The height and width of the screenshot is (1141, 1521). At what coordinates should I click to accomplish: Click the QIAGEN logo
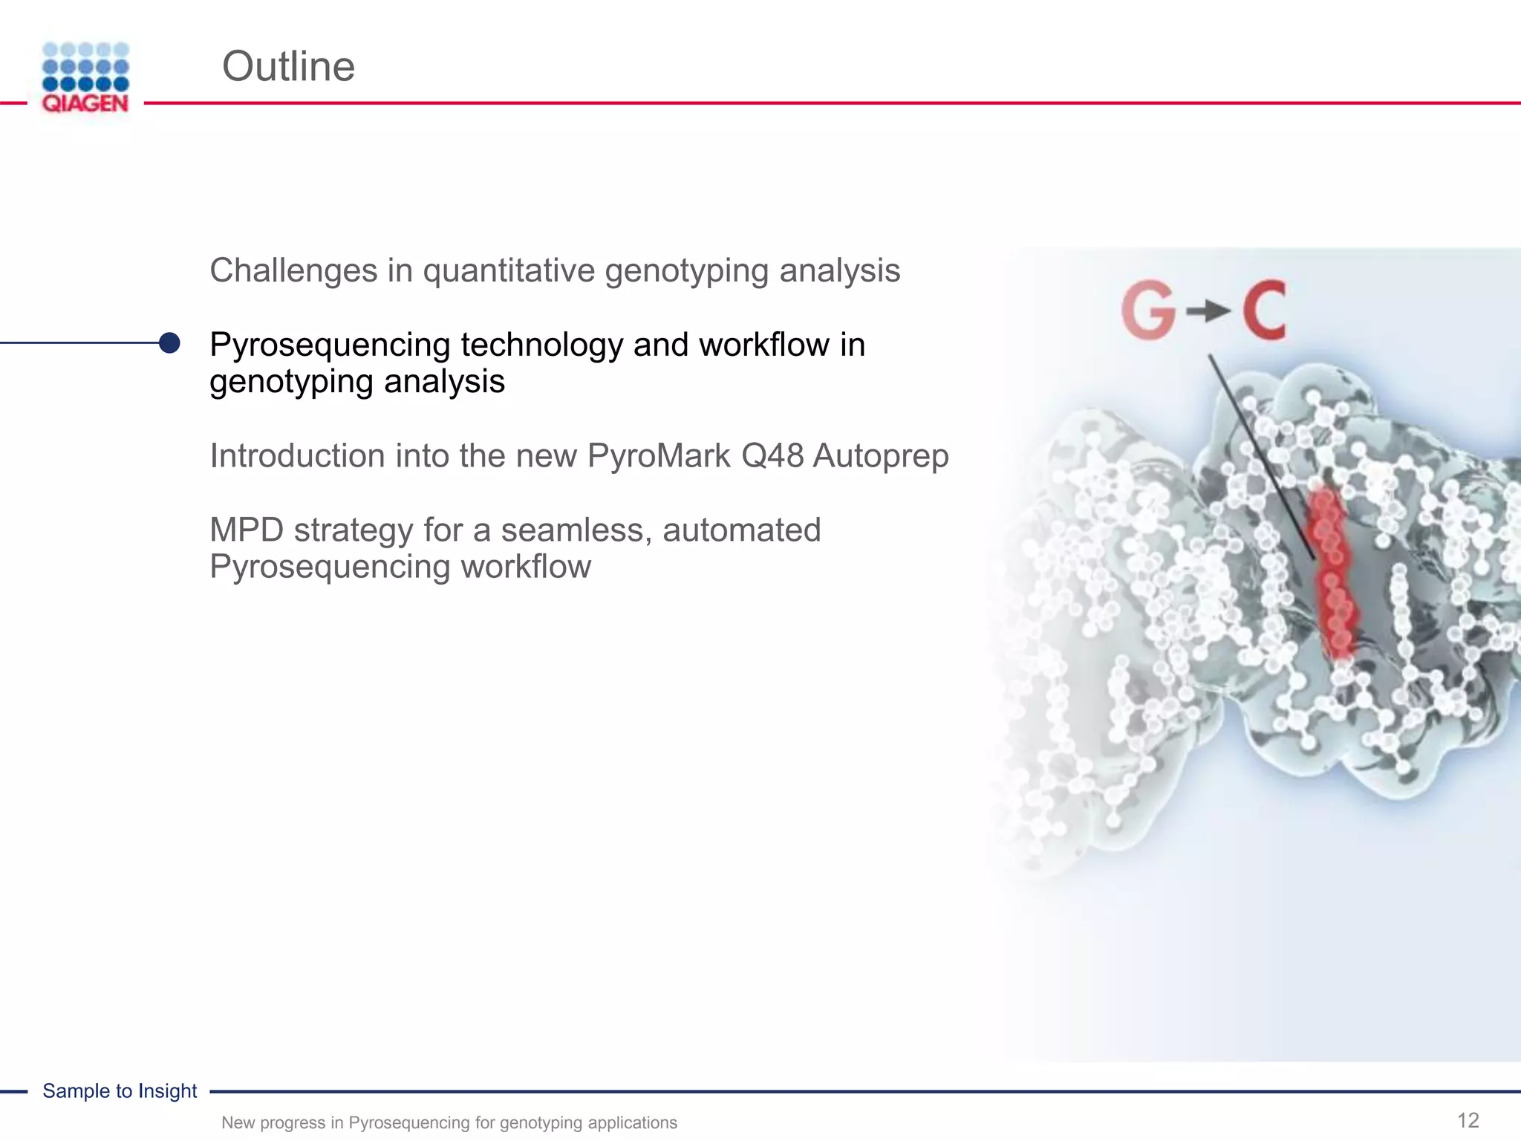tap(85, 78)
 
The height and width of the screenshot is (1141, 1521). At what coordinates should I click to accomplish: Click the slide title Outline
tap(288, 67)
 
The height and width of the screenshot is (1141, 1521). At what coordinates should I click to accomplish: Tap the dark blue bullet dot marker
tap(169, 342)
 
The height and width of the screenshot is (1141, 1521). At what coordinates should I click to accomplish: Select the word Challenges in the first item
tap(293, 270)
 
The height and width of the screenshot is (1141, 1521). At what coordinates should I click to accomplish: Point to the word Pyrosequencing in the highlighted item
tap(330, 345)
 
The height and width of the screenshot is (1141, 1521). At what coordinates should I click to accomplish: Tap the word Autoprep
tap(881, 455)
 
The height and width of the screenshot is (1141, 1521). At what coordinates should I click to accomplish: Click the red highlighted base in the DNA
tap(1331, 572)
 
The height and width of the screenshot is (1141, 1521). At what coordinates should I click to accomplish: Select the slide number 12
tap(1468, 1120)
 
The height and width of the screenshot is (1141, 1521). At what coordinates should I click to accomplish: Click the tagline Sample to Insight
tap(120, 1090)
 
